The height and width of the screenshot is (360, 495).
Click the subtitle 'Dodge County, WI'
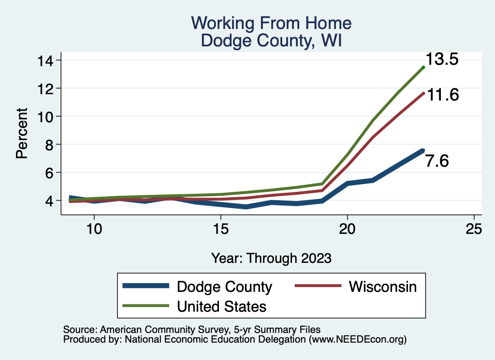271,40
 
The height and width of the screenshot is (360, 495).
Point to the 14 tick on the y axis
46,60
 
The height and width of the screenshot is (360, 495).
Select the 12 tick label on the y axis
46,88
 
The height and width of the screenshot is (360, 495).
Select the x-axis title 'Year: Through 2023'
271,258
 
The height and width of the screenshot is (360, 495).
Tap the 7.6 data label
437,161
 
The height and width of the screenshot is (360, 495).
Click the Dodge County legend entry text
225,287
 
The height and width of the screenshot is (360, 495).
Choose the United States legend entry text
222,306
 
